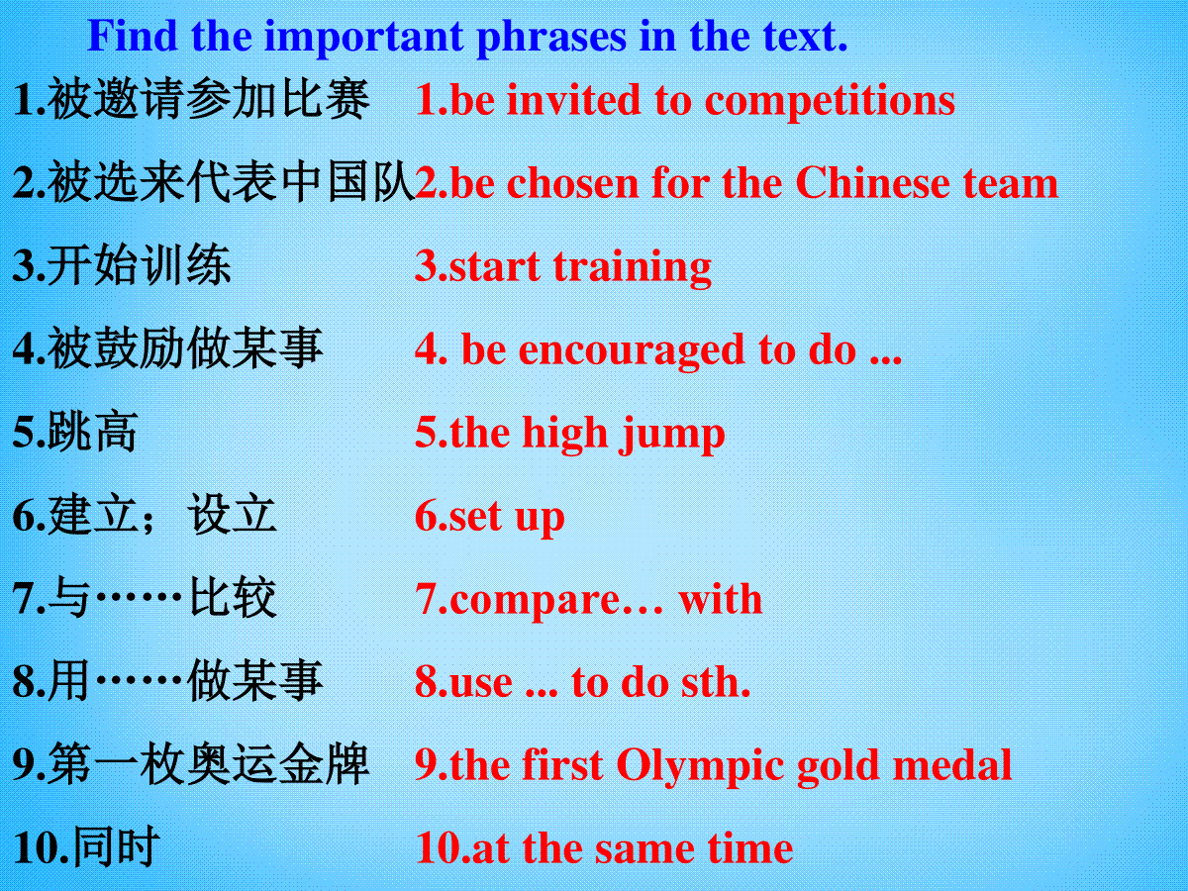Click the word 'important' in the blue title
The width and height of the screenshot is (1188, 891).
362,38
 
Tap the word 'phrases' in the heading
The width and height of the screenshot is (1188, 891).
551,38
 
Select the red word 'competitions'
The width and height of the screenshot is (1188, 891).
830,102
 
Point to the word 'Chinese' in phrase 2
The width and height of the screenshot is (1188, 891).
872,183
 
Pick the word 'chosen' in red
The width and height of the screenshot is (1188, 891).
572,183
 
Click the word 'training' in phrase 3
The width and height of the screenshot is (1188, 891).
632,267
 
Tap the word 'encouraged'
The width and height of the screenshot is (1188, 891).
632,350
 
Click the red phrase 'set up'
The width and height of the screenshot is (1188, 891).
506,517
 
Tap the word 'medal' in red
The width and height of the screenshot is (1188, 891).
952,765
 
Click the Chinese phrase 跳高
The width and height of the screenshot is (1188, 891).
92,433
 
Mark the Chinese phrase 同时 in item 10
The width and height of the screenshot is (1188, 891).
116,847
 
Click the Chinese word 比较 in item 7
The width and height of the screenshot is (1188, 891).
233,599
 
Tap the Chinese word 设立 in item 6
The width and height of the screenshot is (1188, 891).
233,515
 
